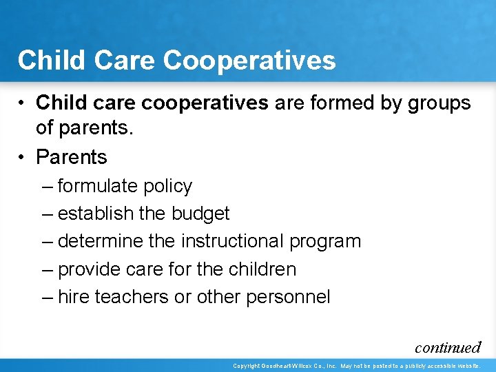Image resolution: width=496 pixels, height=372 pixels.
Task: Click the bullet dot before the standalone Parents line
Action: (x=23, y=158)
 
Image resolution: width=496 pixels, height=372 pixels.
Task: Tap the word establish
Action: (x=96, y=214)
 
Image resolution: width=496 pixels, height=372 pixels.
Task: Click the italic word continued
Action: (x=447, y=347)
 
